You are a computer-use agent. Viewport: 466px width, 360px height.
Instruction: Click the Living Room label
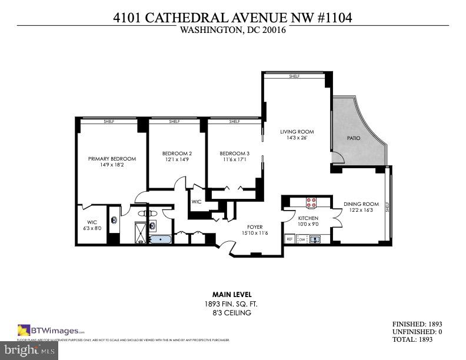pos(297,132)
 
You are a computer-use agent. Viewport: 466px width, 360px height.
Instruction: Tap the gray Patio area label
pos(353,138)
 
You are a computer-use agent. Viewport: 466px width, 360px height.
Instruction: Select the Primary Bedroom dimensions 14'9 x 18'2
pos(112,165)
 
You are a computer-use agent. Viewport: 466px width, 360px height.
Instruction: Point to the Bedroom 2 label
pos(177,154)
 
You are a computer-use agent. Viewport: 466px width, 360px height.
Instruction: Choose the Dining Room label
pos(361,204)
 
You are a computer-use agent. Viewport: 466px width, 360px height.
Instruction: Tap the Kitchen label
pos(308,218)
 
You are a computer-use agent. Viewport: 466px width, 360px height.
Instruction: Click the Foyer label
pos(255,227)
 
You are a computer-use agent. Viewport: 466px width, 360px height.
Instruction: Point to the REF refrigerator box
pos(289,239)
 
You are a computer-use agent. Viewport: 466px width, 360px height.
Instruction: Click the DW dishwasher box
pos(302,239)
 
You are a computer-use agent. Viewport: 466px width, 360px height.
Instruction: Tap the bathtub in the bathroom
pos(159,239)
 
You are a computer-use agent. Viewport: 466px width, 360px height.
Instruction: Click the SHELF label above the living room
pos(294,76)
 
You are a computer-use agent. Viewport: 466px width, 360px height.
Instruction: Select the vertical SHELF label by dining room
pos(387,208)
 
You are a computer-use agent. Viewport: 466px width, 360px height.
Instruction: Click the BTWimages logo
pos(51,330)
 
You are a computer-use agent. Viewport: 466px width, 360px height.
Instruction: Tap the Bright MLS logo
pos(29,351)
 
